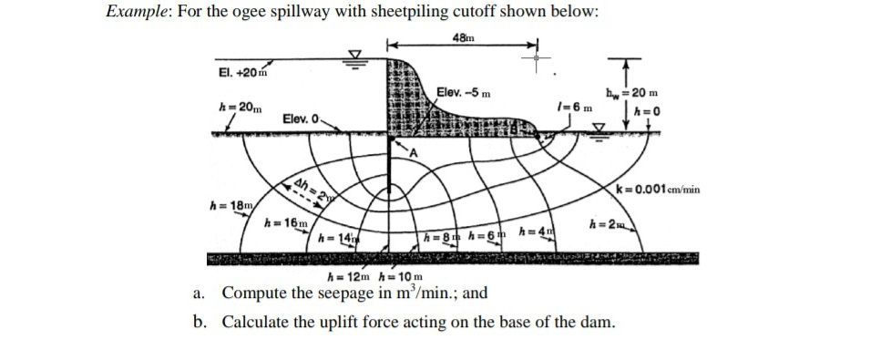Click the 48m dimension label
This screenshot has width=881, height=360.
tap(462, 37)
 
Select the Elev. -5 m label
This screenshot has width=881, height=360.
tap(464, 92)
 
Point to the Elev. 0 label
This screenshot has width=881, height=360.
tap(301, 119)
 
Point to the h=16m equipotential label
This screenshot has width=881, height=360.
tap(284, 222)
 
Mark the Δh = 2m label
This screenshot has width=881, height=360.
tap(310, 190)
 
